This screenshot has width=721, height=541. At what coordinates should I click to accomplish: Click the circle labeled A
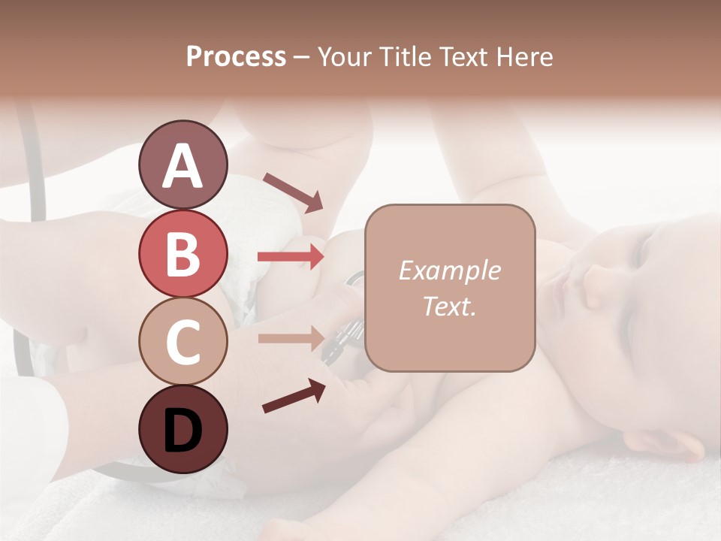coord(183,165)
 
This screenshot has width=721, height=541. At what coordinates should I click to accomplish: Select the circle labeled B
coord(183,253)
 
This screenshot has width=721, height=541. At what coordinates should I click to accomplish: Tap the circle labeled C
coord(183,341)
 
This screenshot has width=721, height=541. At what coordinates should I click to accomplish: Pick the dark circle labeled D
coord(183,429)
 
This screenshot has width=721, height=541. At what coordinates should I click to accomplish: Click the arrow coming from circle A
coord(293,192)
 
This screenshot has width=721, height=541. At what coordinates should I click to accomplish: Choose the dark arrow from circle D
coord(294,396)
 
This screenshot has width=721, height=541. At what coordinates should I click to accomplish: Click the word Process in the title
coord(236,56)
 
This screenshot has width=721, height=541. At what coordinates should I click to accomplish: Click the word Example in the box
coord(449,270)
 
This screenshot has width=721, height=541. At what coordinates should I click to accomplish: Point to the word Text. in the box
coord(449,307)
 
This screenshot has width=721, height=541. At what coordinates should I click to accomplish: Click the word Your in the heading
coord(343,56)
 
